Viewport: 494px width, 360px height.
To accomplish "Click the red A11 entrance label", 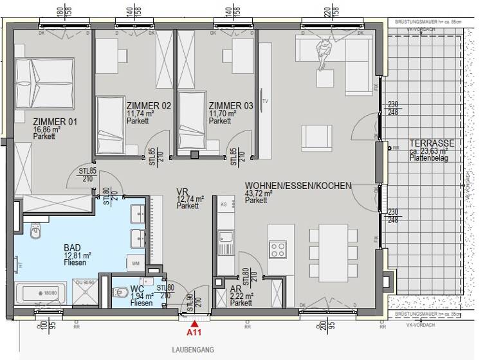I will click(194, 334).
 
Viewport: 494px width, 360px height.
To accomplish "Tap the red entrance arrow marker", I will click(194, 323).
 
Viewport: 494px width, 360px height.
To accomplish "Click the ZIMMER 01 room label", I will click(55, 121).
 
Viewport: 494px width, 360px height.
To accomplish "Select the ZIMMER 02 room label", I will click(149, 105).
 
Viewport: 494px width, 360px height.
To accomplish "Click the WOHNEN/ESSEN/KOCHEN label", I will click(298, 185).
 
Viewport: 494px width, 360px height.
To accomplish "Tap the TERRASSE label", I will click(432, 143).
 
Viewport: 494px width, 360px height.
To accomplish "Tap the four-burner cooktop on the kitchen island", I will click(278, 248).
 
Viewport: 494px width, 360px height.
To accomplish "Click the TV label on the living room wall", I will click(264, 102).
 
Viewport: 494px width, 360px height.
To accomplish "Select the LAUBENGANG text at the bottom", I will click(193, 350).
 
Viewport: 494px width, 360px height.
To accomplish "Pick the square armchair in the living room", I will click(317, 138).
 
